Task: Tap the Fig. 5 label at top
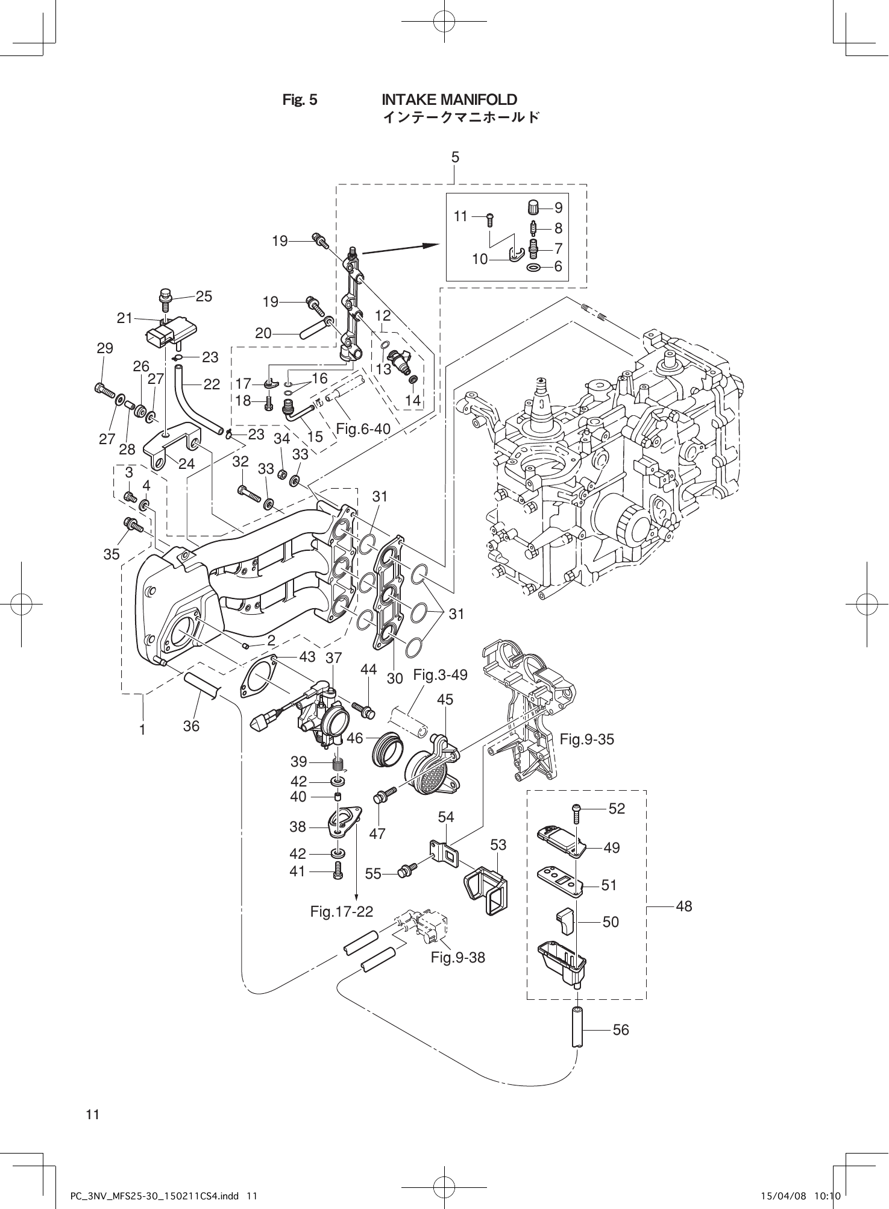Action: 300,100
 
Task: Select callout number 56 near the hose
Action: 620,1030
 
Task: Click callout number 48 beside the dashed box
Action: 684,906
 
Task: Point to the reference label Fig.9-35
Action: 586,739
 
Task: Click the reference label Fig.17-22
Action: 342,911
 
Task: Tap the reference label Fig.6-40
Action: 363,429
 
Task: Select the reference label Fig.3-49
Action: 440,675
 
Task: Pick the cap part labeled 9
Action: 533,207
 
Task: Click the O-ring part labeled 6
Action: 533,266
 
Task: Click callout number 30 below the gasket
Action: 394,679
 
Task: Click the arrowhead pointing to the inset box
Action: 431,245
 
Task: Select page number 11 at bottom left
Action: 92,1114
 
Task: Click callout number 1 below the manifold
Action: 142,729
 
